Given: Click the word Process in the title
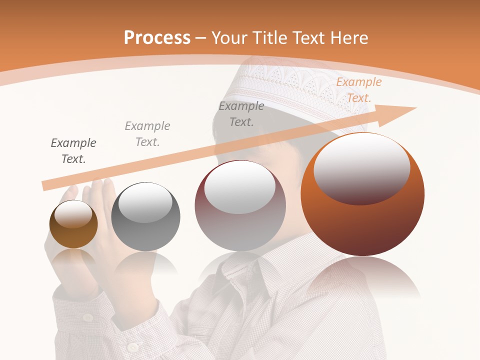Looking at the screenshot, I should tap(157, 37).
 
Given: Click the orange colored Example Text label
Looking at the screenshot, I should tap(359, 90).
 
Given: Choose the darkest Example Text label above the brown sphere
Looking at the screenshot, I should tap(73, 151).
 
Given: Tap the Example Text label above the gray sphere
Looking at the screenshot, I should tap(147, 134).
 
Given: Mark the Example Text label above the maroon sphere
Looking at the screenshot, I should tap(241, 114).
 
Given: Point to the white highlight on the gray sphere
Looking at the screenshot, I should tap(145, 202).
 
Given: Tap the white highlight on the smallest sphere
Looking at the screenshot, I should tap(73, 214).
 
